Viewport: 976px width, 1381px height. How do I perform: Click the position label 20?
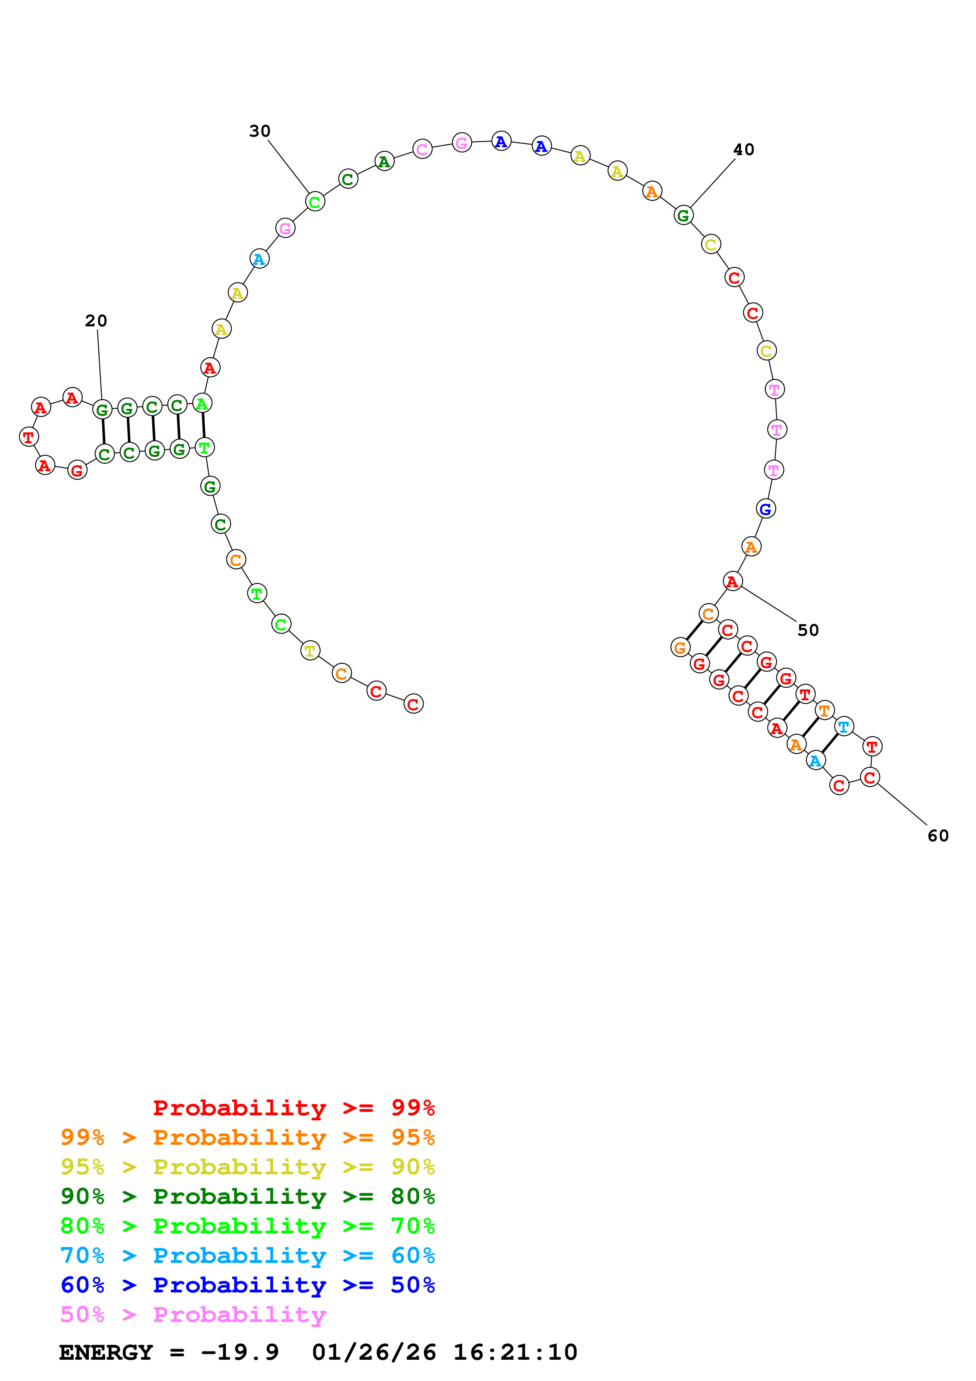coord(96,320)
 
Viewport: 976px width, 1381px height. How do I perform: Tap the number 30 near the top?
coord(260,131)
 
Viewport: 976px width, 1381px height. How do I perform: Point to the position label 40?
coord(743,150)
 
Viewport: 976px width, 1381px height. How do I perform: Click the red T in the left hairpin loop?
coord(29,437)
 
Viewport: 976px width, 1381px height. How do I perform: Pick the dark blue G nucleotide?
coord(765,509)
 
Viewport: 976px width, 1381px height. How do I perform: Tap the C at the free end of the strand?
coord(413,704)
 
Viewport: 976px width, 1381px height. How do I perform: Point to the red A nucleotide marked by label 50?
coord(732,581)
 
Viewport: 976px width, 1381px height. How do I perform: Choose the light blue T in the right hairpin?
coord(844,727)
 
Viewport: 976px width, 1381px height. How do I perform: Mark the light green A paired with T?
coord(202,404)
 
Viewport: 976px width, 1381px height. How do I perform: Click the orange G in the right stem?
coord(680,648)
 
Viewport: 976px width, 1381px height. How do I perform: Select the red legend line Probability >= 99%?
coord(293,1107)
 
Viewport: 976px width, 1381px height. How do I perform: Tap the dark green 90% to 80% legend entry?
coord(247,1196)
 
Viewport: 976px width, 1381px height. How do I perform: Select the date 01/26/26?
coord(374,1352)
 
